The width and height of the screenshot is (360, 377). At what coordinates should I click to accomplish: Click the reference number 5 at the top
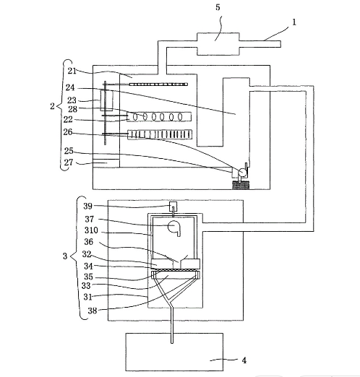(218, 7)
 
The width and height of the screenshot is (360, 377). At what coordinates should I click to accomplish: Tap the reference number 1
(294, 22)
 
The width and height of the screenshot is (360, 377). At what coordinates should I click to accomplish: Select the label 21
(72, 71)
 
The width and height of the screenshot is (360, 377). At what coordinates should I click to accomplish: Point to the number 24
(70, 87)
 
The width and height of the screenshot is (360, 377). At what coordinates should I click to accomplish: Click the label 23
(72, 100)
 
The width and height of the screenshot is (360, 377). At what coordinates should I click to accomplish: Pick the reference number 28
(72, 109)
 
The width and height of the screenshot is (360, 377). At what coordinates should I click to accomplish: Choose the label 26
(68, 132)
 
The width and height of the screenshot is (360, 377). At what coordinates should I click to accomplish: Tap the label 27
(69, 162)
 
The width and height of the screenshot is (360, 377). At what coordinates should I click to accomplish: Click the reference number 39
(87, 206)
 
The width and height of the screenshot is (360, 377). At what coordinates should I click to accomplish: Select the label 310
(91, 230)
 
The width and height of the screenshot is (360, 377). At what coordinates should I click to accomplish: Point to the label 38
(92, 311)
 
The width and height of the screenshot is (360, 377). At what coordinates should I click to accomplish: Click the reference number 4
(244, 360)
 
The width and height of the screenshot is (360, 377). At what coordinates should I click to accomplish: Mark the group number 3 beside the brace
(65, 256)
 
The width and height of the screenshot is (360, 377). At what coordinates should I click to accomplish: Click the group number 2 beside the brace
(52, 106)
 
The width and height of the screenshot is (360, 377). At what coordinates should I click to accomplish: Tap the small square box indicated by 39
(173, 206)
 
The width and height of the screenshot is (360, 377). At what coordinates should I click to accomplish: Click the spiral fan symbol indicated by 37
(174, 227)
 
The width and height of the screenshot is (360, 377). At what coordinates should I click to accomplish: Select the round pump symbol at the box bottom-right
(242, 173)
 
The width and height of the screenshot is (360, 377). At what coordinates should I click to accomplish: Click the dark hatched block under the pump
(241, 185)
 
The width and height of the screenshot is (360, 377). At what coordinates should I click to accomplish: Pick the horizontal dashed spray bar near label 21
(158, 84)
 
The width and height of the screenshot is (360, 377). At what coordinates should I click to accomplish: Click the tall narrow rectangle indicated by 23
(106, 100)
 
